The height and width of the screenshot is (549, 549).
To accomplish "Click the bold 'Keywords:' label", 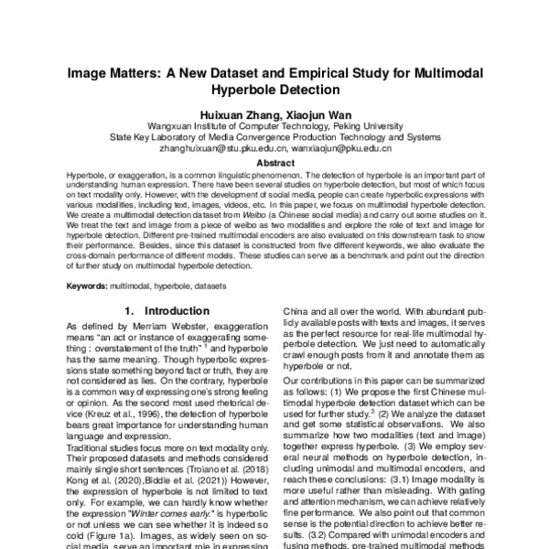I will (88, 286).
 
